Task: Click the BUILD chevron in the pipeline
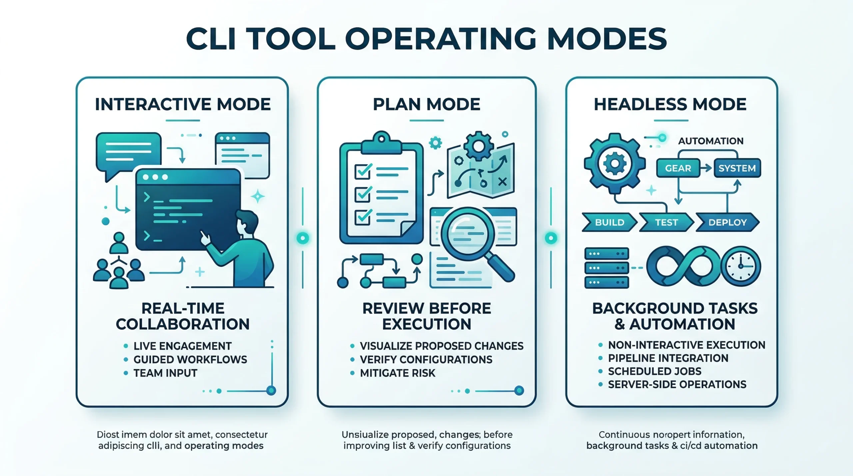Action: point(609,222)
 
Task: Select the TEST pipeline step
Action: point(666,222)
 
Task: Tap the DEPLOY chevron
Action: point(727,222)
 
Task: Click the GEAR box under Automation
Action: point(678,168)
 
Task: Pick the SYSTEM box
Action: point(737,168)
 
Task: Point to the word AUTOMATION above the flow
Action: point(711,141)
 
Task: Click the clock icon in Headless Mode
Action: point(741,266)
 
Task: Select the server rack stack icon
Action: point(607,268)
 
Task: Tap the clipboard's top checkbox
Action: point(363,171)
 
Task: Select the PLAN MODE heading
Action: point(426,104)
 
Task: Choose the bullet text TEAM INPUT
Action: point(165,373)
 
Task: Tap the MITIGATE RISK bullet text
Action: point(398,373)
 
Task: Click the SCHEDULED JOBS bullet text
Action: point(654,371)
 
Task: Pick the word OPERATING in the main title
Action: point(440,39)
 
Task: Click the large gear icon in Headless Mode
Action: point(615,164)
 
